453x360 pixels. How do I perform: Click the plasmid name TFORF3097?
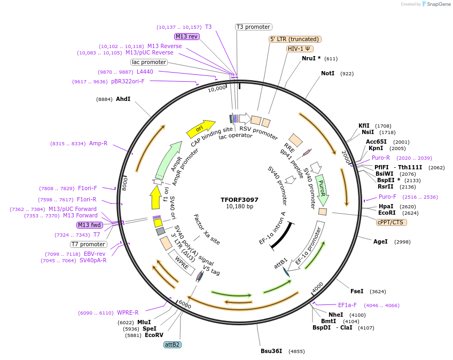click(x=239, y=200)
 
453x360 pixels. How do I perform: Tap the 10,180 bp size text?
click(x=239, y=207)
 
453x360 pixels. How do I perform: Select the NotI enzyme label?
click(x=327, y=73)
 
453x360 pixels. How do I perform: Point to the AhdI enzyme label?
click(x=123, y=99)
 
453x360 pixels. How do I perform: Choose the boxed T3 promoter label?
click(x=254, y=27)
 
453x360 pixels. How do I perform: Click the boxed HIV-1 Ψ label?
click(x=300, y=49)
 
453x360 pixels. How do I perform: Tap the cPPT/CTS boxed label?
click(x=391, y=222)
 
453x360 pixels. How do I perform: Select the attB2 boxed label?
click(x=173, y=345)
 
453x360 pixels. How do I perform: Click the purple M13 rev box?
click(x=186, y=36)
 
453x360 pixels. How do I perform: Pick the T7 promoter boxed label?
click(x=89, y=244)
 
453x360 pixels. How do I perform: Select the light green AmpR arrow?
click(x=170, y=160)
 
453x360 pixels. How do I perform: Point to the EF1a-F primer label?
click(x=347, y=305)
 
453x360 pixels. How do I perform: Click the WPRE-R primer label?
click(x=128, y=313)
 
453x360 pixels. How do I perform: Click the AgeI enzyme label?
click(x=380, y=242)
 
